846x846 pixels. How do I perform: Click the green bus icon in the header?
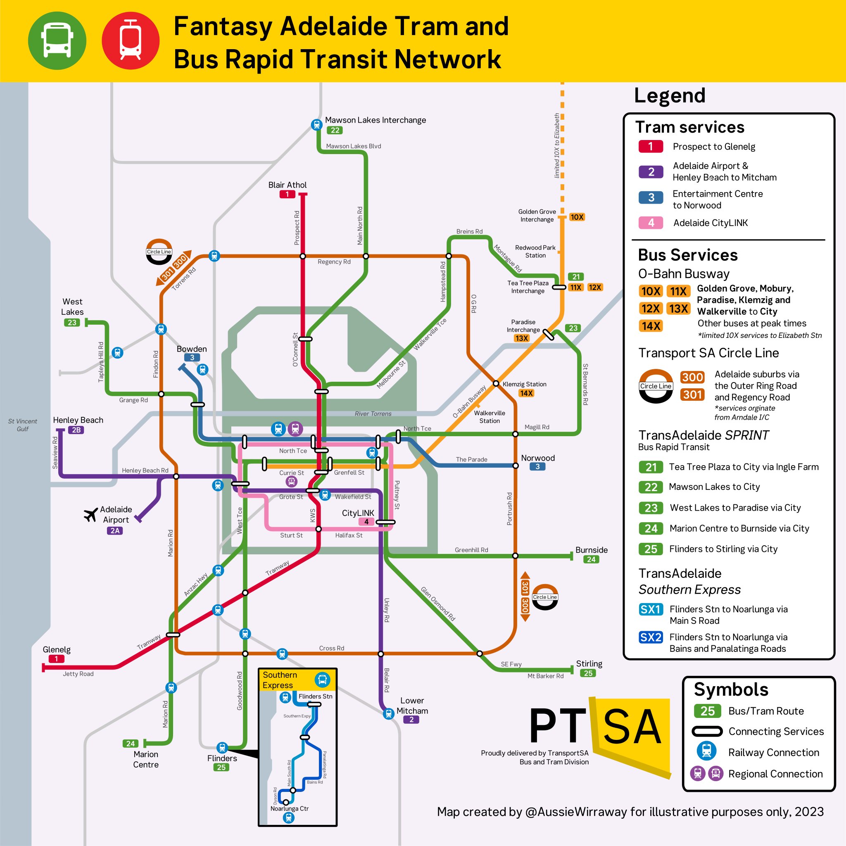pyautogui.click(x=57, y=40)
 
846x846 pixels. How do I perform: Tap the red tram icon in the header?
pyautogui.click(x=131, y=40)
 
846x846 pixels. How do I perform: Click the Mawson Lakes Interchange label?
pyautogui.click(x=375, y=120)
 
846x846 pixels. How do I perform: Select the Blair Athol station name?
pyautogui.click(x=287, y=185)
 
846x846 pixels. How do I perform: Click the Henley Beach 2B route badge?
pyautogui.click(x=76, y=430)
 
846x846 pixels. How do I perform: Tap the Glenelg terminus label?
pyautogui.click(x=57, y=649)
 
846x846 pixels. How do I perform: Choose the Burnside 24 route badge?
pyautogui.click(x=591, y=559)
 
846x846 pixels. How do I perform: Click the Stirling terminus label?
pyautogui.click(x=589, y=664)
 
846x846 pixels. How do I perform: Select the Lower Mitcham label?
pyautogui.click(x=412, y=706)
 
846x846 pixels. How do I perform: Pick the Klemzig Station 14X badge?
pyautogui.click(x=526, y=393)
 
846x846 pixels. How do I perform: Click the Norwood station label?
pyautogui.click(x=538, y=458)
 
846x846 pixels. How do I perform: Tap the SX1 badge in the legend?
pyautogui.click(x=650, y=609)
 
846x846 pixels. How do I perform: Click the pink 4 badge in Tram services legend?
pyautogui.click(x=651, y=223)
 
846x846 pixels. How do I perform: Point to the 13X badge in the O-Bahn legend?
pyautogui.click(x=678, y=309)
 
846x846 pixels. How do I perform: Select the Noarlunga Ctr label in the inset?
pyautogui.click(x=290, y=808)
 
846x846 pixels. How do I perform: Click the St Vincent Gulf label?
pyautogui.click(x=23, y=425)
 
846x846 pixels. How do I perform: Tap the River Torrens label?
pyautogui.click(x=373, y=414)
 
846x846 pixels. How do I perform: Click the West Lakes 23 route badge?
pyautogui.click(x=72, y=323)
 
